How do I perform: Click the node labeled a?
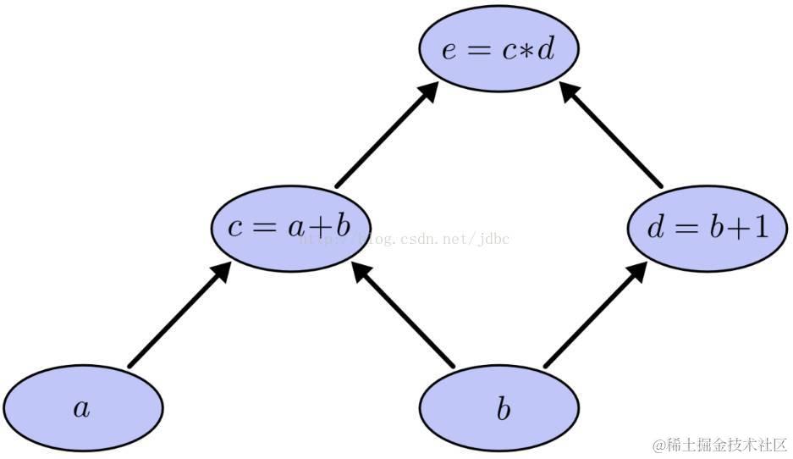81,409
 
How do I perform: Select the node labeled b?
499,410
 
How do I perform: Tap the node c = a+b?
290,228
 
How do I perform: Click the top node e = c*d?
499,49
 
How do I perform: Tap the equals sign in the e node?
479,51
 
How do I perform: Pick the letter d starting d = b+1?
656,228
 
